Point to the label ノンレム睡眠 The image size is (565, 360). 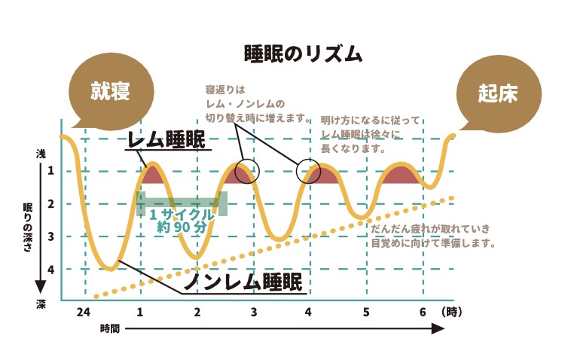tap(243, 282)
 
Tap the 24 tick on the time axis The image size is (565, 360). tap(84, 312)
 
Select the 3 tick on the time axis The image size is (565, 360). tap(254, 312)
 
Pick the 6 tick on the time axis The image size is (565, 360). tap(423, 312)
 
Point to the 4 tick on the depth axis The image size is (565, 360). tap(50, 269)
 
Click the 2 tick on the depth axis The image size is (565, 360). tap(50, 204)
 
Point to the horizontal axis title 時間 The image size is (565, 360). tap(109, 329)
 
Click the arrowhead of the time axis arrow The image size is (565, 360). tap(438, 329)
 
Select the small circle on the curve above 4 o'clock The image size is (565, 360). tap(307, 172)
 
